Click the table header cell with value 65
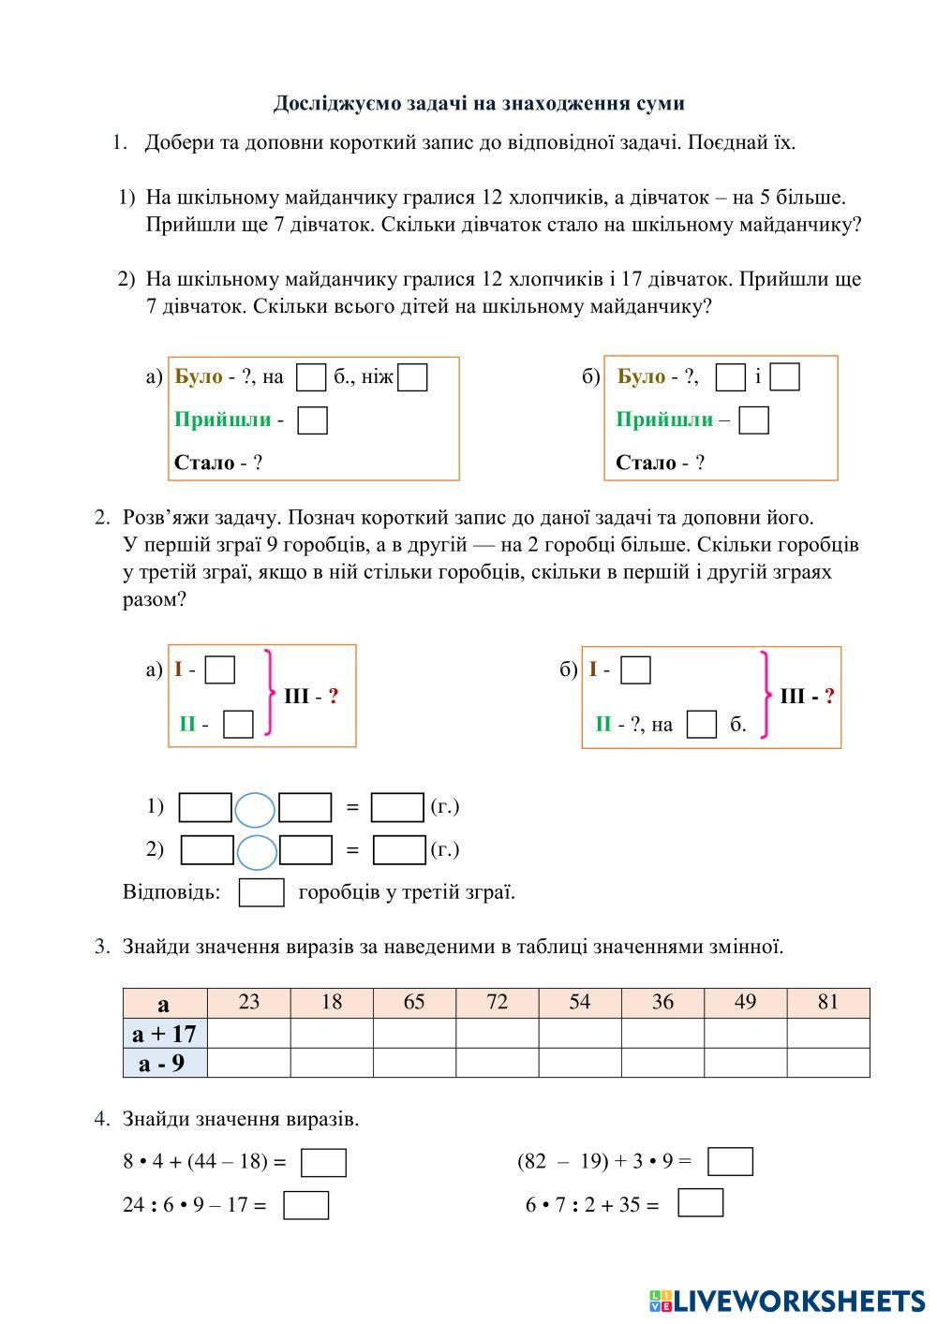click(x=414, y=1003)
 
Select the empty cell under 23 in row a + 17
click(x=248, y=1033)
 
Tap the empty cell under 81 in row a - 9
click(x=828, y=1063)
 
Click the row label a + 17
click(x=165, y=1033)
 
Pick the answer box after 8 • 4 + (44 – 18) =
click(x=323, y=1163)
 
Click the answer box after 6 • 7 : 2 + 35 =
click(x=700, y=1203)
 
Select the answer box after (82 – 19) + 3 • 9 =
click(x=730, y=1162)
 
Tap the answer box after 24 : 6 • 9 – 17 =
click(x=306, y=1205)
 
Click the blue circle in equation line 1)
click(x=255, y=809)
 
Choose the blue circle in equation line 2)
click(x=257, y=851)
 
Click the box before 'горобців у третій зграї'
click(x=261, y=892)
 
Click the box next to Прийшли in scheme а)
click(x=312, y=420)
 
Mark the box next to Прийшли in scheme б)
click(x=753, y=420)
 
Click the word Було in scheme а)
click(x=199, y=377)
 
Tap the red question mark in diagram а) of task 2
click(x=334, y=697)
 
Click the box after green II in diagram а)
click(x=239, y=724)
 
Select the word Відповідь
click(x=171, y=891)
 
